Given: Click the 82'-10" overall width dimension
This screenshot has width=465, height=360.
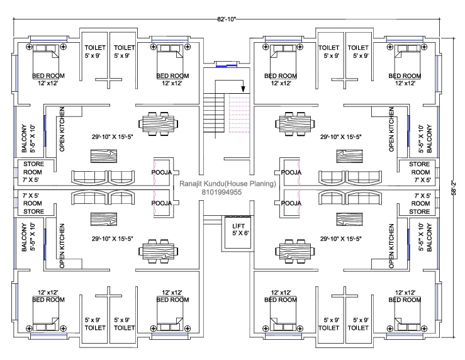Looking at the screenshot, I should click(227, 20).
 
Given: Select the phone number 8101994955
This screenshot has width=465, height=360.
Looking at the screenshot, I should click(227, 193).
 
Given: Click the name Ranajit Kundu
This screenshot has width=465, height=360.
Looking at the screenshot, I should click(201, 184).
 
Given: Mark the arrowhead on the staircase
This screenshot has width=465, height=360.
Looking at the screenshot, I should click(242, 91).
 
